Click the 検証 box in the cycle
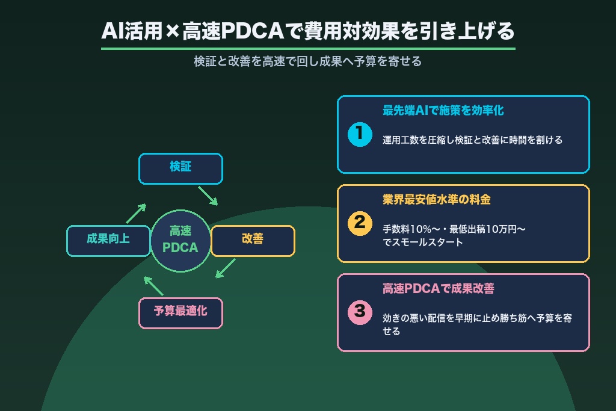point(180,168)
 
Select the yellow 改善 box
point(253,241)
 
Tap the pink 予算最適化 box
point(180,313)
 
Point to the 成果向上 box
point(108,241)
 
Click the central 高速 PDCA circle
point(180,241)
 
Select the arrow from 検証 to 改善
point(208,196)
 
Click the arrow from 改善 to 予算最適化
point(226,268)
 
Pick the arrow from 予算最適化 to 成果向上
point(153,286)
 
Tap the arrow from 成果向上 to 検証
point(136,214)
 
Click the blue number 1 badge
point(360,134)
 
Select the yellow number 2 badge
point(360,223)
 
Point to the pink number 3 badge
point(360,312)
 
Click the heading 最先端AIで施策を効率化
point(443,110)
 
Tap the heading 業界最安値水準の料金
point(437,200)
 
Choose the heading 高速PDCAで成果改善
point(439,289)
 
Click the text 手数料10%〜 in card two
point(410,229)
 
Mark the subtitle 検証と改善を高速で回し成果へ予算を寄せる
point(307,61)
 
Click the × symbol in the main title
point(172,31)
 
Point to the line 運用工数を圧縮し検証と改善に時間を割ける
point(473,140)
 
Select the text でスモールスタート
point(423,242)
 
